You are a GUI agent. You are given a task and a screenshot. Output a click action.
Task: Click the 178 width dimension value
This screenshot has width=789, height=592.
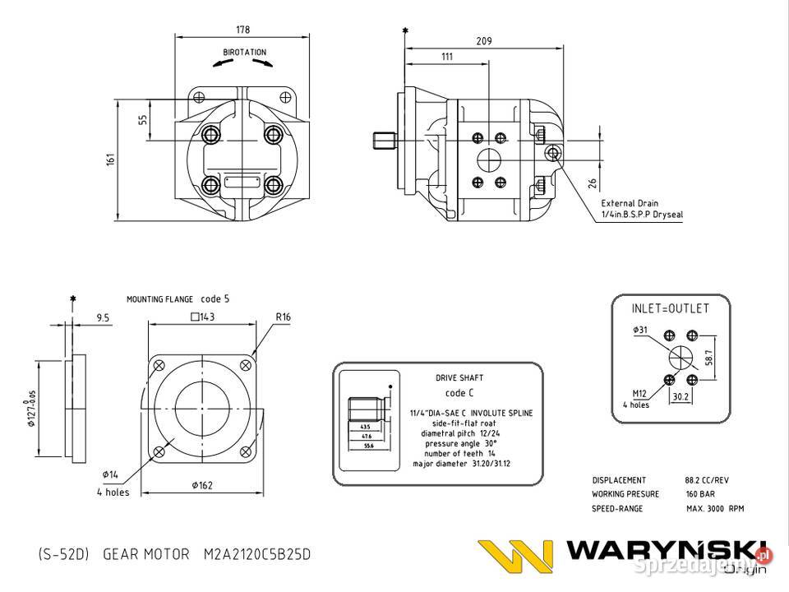coord(242,30)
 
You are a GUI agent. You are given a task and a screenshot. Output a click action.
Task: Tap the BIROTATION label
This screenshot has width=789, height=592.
coord(245,52)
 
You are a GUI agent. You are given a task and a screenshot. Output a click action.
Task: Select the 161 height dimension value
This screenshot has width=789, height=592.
coord(110,159)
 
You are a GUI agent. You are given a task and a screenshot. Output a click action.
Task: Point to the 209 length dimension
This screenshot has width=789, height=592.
coord(485,40)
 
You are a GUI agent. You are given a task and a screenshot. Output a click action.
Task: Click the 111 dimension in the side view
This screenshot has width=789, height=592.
coord(447,57)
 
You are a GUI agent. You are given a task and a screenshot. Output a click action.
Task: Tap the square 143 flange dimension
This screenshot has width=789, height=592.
coord(202,317)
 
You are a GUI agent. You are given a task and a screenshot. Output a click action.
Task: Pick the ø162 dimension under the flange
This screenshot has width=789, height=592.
coord(202,485)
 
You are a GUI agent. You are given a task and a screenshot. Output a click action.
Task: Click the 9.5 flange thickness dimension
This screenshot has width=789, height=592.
coord(103,317)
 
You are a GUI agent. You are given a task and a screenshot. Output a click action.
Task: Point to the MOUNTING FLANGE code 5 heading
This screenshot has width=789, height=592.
coord(178,299)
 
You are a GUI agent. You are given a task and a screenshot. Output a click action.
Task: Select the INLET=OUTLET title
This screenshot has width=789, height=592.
coord(669,309)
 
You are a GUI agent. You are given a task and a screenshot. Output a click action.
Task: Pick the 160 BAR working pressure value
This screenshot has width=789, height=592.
coord(701,494)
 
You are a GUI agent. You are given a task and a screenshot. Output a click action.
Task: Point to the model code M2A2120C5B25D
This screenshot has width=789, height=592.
coord(257,554)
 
